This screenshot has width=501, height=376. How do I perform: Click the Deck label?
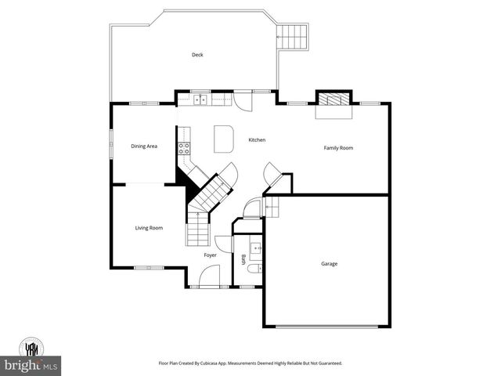[197, 55]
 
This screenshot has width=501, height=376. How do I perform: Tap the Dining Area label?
[144, 146]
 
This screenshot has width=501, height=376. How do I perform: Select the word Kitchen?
[257, 140]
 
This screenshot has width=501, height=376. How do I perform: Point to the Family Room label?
[339, 147]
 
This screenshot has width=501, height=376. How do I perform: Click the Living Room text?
[149, 228]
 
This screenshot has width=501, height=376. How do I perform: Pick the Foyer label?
[211, 255]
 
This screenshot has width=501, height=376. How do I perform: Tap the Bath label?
[243, 260]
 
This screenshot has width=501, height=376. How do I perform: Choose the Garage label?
[330, 263]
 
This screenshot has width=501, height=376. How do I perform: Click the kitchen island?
[224, 139]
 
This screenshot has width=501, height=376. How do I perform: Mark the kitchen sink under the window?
[202, 99]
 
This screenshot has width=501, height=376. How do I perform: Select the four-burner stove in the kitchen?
[185, 148]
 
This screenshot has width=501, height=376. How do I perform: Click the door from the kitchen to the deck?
[246, 99]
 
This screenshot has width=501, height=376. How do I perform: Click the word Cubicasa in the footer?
[229, 363]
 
